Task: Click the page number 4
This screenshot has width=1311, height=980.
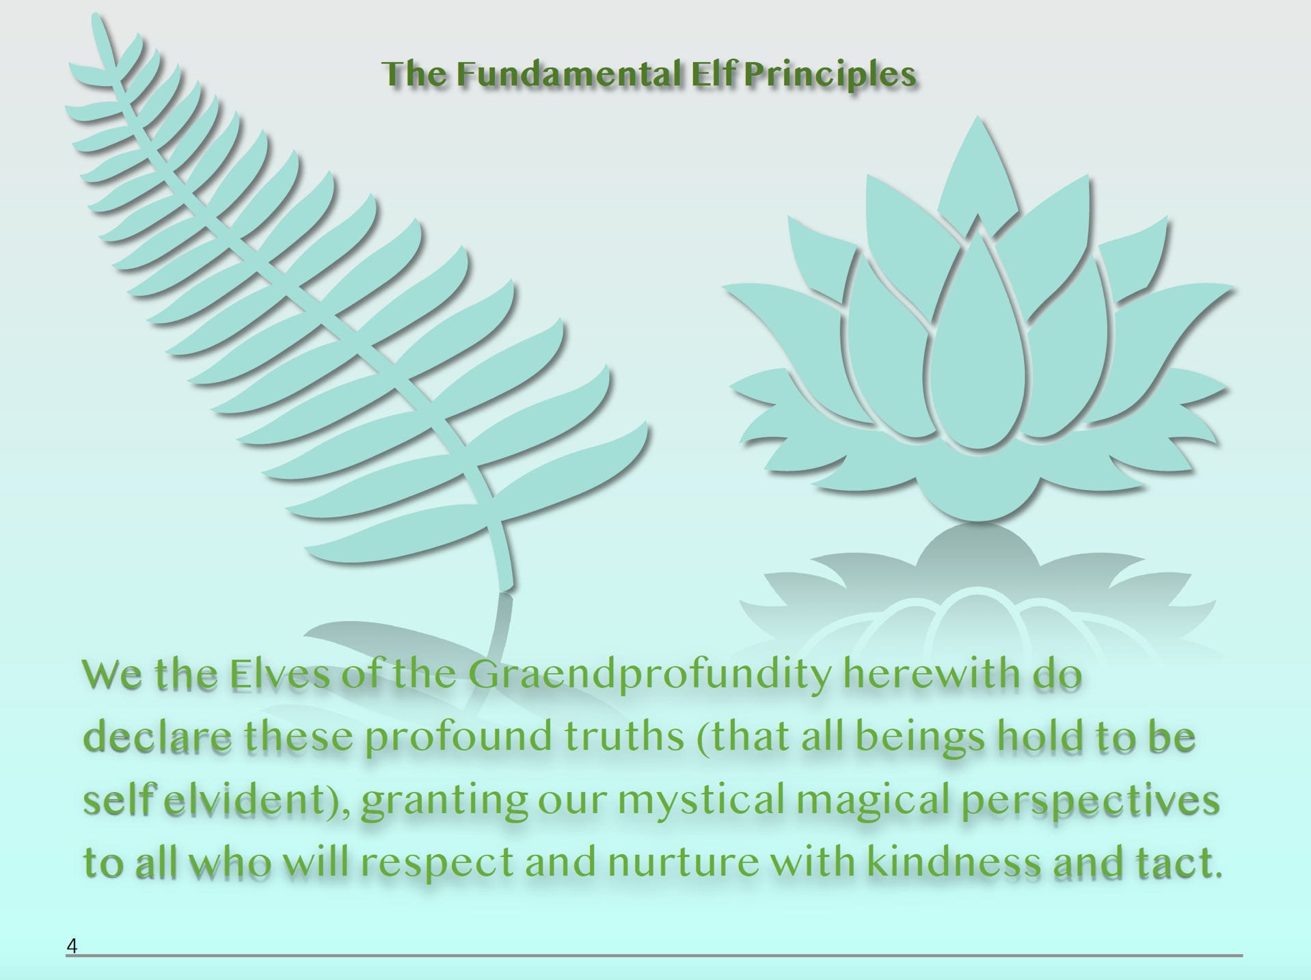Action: tap(72, 946)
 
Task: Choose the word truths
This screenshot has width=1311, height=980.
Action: tap(625, 737)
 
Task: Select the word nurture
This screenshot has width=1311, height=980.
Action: tap(683, 864)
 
